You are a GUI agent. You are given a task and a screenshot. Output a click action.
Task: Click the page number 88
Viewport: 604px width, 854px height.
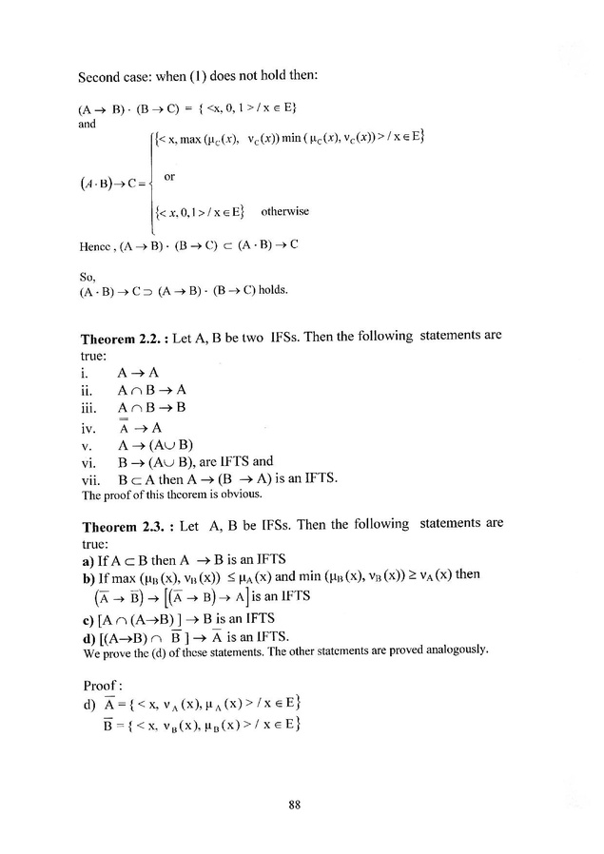[294, 805]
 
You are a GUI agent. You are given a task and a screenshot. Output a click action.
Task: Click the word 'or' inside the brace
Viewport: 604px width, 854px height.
[170, 177]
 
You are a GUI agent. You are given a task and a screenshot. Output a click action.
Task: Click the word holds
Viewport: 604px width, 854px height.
[270, 289]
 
